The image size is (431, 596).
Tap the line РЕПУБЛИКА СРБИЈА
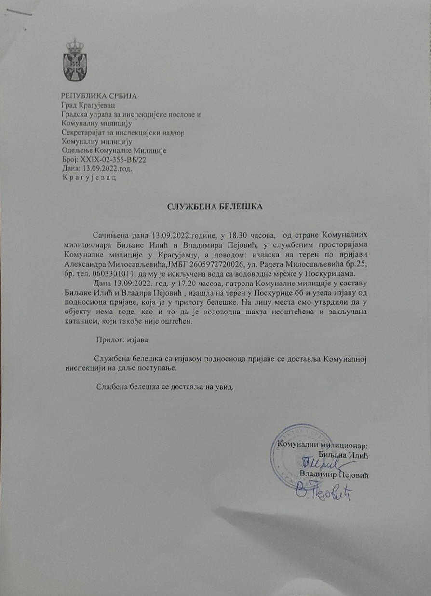[x=99, y=95]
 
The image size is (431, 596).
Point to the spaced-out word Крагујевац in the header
[x=89, y=177]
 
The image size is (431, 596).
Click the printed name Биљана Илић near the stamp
[x=343, y=454]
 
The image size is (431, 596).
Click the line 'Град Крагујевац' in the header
[x=90, y=105]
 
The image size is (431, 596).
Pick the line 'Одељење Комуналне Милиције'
[x=114, y=151]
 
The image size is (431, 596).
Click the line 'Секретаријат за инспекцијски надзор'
[x=124, y=133]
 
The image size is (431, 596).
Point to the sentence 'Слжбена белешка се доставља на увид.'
[x=164, y=387]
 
